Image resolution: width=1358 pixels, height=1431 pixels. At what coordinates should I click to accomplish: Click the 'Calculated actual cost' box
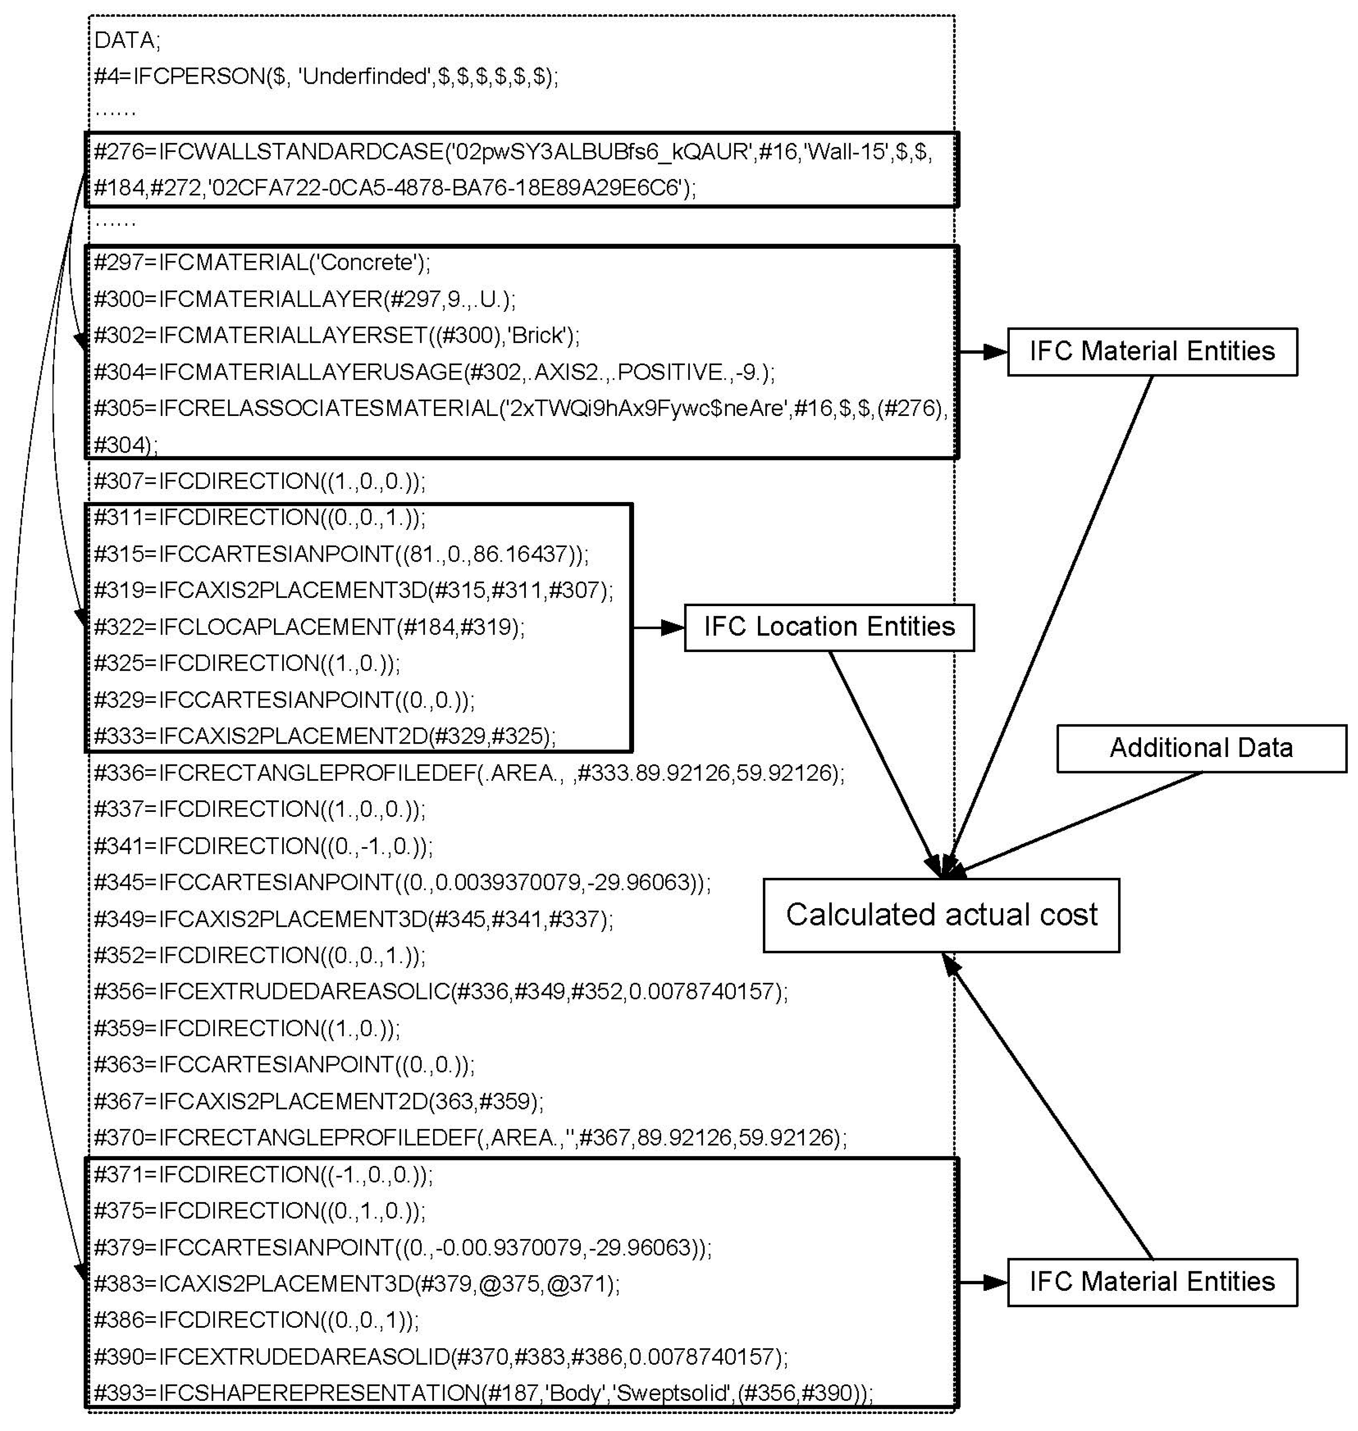pos(941,915)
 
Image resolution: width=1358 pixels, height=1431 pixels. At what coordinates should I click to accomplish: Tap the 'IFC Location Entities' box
pos(829,627)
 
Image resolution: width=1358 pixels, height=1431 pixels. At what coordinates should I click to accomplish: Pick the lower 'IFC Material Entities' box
pos(1152,1282)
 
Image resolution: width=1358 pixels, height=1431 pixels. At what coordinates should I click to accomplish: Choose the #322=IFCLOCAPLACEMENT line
pos(309,627)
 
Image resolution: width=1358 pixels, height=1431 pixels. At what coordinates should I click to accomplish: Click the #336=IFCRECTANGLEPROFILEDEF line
pos(468,773)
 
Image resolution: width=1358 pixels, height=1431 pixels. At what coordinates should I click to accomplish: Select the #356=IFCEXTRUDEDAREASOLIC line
pos(440,991)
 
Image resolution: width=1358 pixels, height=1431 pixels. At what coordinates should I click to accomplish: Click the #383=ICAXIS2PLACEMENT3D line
pos(356,1283)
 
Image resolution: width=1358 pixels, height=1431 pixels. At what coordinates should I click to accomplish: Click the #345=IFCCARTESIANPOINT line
pos(402,882)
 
